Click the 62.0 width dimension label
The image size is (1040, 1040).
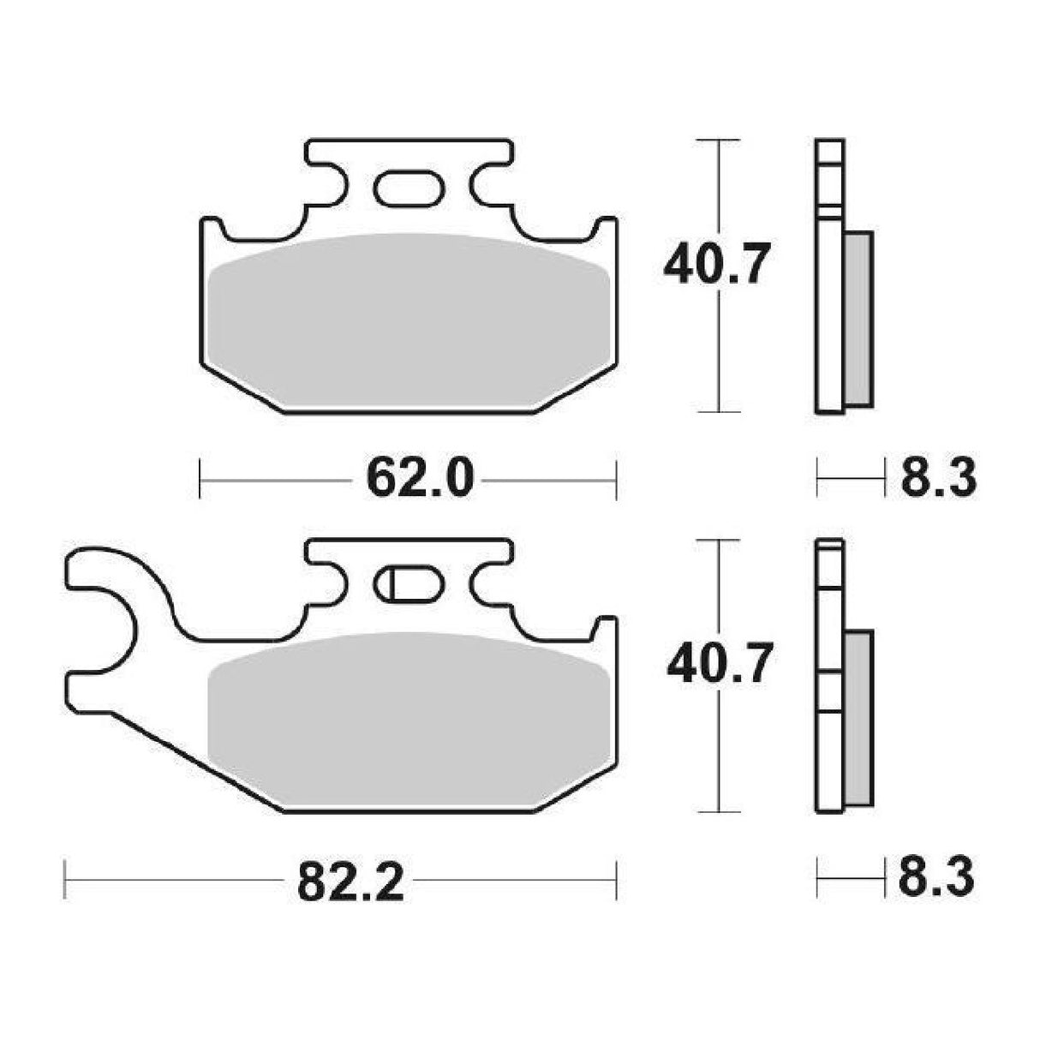click(419, 478)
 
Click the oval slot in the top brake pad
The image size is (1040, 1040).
click(409, 188)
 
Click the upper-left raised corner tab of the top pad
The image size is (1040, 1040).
click(211, 228)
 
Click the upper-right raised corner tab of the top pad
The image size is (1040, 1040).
click(607, 228)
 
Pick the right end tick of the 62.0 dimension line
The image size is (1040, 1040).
click(616, 477)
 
